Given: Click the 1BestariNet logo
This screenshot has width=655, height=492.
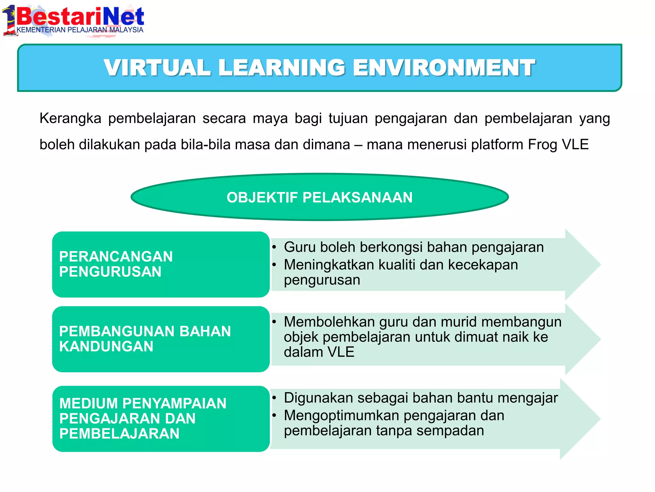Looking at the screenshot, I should (x=74, y=18).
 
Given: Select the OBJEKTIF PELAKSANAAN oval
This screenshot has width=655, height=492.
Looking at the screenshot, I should (x=320, y=197).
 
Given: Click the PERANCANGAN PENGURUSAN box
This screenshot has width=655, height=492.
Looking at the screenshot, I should (x=161, y=264).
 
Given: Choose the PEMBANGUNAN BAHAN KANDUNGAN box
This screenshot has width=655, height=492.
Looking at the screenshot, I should (x=161, y=339).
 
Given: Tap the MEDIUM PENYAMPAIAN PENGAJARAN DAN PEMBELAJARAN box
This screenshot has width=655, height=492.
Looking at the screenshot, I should (x=161, y=418).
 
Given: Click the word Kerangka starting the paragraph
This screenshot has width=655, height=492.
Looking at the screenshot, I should (x=70, y=119).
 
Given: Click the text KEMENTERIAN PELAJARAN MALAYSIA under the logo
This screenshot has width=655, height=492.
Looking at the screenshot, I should (x=80, y=30).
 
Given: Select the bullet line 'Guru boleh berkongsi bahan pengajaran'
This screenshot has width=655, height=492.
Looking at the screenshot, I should (x=414, y=247).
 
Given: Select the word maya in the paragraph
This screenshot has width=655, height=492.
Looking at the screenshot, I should (x=271, y=119).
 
